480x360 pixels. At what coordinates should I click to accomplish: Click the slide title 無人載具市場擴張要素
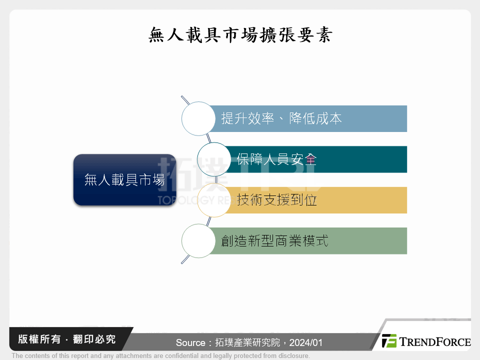240,35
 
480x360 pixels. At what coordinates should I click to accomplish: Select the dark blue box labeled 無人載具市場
124,180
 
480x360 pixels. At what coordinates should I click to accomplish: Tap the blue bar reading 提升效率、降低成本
310,118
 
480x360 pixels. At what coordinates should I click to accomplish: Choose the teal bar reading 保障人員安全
320,159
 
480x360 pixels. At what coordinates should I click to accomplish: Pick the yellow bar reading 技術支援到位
320,200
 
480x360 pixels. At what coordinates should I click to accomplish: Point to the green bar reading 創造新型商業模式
310,240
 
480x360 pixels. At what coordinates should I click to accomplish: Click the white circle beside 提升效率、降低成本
198,118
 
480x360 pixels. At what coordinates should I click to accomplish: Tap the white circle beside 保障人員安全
214,159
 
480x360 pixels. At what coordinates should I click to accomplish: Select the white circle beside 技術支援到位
214,200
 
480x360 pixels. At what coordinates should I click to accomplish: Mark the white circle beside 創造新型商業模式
198,240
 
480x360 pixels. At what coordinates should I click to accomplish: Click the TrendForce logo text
434,342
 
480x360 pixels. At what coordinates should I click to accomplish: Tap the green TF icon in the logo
389,341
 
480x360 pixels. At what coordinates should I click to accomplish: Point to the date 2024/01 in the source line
306,343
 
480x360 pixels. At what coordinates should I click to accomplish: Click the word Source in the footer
190,343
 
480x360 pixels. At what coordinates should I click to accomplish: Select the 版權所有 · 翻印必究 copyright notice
66,339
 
